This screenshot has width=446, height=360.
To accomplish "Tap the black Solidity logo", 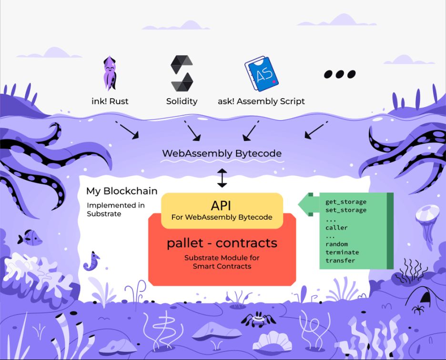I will pyautogui.click(x=182, y=73).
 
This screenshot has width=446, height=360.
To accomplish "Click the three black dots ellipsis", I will pyautogui.click(x=340, y=74).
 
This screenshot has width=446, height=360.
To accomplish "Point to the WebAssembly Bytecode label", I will pyautogui.click(x=222, y=154).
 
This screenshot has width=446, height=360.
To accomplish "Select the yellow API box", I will pyautogui.click(x=222, y=210).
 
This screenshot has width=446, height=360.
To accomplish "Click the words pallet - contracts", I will pyautogui.click(x=222, y=243).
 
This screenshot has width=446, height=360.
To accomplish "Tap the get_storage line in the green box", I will pyautogui.click(x=346, y=202).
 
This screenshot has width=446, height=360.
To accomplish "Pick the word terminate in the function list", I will pyautogui.click(x=342, y=252).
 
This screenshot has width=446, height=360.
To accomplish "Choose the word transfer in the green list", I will pyautogui.click(x=340, y=260).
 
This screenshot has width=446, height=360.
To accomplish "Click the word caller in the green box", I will pyautogui.click(x=336, y=228).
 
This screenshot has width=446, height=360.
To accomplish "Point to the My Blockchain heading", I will pyautogui.click(x=122, y=191).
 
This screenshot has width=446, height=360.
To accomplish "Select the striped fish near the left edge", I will pyautogui.click(x=30, y=237).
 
